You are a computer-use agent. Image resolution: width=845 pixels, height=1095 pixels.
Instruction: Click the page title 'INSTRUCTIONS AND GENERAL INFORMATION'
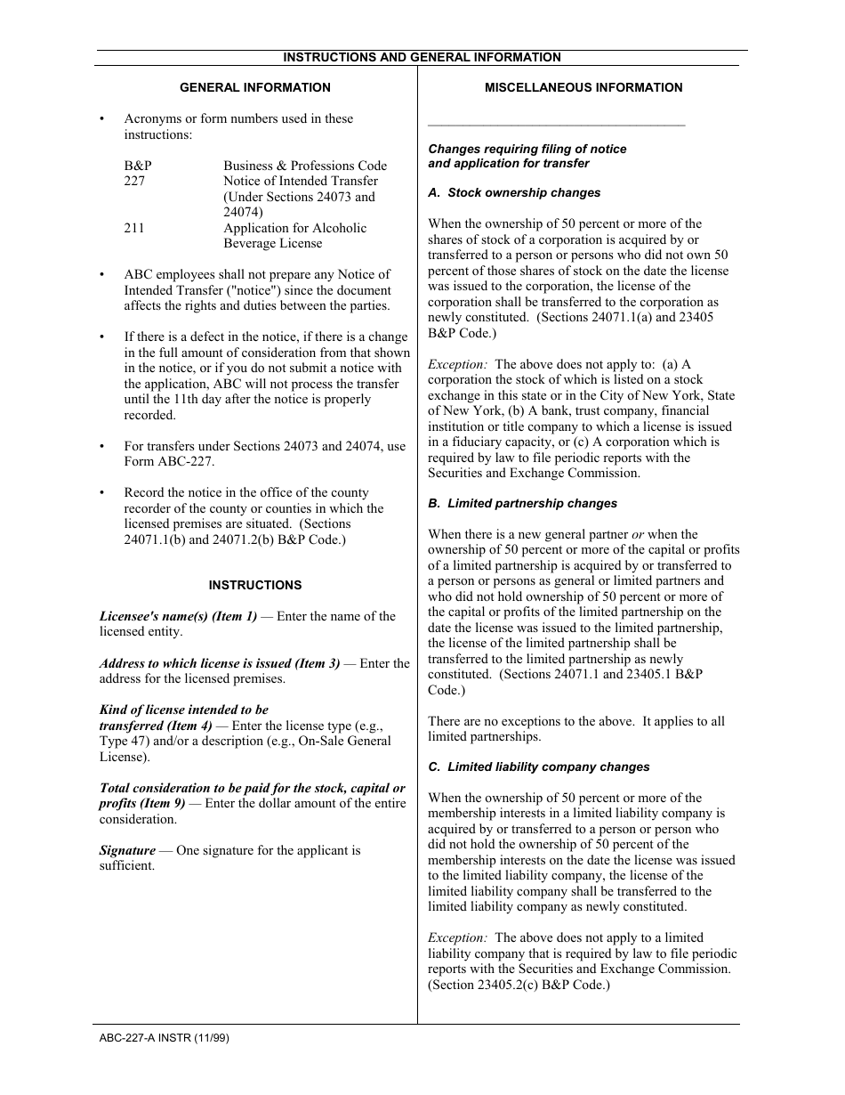(422, 57)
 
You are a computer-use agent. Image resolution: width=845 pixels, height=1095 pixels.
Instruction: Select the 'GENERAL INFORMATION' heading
(255, 87)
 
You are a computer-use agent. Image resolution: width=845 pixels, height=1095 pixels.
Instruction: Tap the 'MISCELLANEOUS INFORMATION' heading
(583, 87)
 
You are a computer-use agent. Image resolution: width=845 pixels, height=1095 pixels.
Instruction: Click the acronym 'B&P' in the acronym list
(138, 166)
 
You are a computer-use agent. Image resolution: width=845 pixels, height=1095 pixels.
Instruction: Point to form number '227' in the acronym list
(134, 181)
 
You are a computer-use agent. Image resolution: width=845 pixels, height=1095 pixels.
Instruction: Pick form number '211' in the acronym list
(134, 228)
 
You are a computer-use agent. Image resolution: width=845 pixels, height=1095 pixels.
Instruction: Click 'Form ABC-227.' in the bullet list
(169, 461)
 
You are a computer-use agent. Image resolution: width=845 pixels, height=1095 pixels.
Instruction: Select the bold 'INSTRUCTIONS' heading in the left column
(255, 585)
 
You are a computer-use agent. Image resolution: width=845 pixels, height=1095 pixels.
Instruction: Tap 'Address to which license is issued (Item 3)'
(220, 663)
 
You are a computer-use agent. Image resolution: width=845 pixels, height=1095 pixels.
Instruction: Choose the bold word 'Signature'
(127, 850)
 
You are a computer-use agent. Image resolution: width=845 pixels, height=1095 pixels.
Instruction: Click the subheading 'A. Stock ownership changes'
(514, 192)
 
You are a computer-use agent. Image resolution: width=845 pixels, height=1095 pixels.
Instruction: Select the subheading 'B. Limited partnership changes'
(522, 503)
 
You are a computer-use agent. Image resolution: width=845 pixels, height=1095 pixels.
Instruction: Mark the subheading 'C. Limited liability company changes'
(539, 766)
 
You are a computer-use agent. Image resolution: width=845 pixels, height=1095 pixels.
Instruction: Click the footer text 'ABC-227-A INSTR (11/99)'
(165, 1037)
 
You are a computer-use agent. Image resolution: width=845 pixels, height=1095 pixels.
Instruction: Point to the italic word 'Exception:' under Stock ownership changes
(457, 364)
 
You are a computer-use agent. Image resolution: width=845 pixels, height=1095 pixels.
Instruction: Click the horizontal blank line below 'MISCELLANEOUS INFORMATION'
(557, 126)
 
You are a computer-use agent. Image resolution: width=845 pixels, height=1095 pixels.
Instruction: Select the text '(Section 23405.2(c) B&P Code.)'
(519, 985)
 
